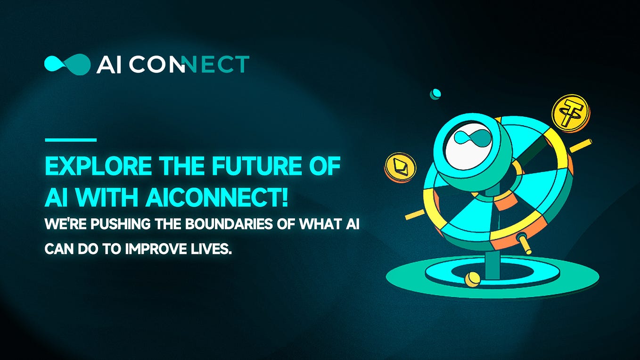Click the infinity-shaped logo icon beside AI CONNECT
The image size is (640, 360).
click(x=67, y=65)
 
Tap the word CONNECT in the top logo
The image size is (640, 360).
click(x=189, y=65)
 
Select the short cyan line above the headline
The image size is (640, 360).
click(x=70, y=140)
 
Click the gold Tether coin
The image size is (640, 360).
click(x=570, y=112)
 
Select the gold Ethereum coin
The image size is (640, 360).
click(x=400, y=167)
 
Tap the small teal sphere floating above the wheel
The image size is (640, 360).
click(x=435, y=94)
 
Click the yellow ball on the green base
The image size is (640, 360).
click(x=472, y=279)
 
